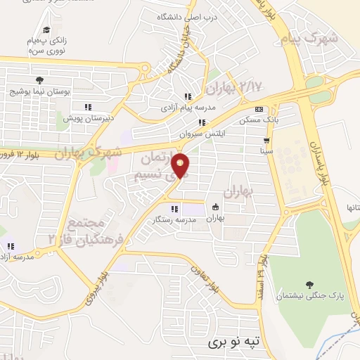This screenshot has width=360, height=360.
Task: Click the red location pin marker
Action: pos(181,165)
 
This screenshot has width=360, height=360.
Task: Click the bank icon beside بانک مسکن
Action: pos(259,109)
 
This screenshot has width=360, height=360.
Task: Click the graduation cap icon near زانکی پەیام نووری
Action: pos(46,30)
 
